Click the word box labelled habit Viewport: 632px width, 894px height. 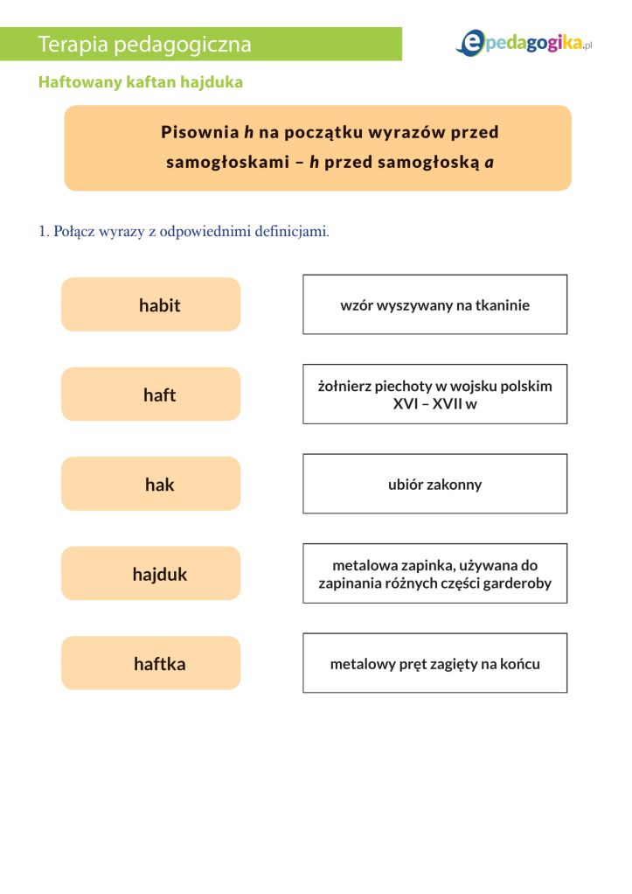150,304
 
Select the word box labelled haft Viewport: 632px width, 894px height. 150,395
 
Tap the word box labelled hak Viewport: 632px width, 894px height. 150,484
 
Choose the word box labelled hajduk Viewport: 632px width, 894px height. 150,574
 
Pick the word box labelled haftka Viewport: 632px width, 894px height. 150,663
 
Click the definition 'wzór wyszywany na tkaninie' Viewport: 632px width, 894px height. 434,305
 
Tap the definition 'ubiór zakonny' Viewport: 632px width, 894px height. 434,484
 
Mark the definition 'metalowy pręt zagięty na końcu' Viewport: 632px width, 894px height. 434,664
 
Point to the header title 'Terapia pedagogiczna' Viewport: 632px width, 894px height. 145,44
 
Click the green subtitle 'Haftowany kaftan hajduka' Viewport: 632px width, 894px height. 140,82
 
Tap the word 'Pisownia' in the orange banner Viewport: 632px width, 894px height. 199,132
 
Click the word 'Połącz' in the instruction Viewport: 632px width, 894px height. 75,232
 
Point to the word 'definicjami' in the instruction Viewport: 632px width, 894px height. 295,232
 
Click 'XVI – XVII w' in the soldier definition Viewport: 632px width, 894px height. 434,404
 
